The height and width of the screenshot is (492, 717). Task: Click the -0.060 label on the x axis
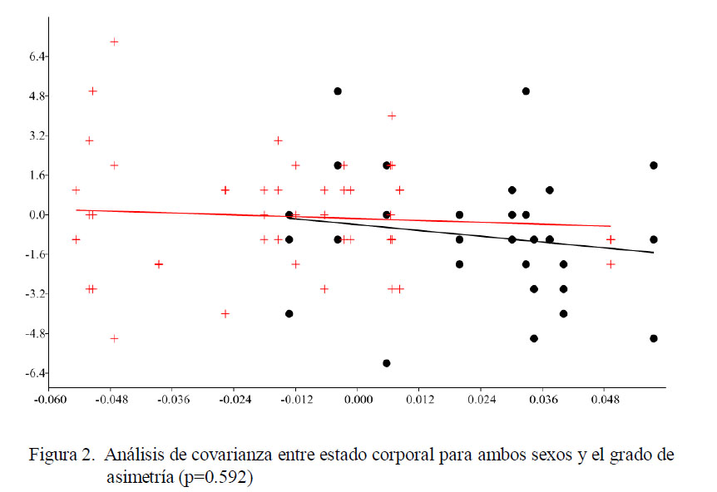49,400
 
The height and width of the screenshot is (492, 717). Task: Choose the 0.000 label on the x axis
358,400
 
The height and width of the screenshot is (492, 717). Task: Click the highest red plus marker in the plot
115,42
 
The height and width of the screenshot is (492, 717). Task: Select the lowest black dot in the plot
387,363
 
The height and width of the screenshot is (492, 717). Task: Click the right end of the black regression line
654,253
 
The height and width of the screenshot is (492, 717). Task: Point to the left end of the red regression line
76,210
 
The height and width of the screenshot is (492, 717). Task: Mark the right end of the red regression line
611,226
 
